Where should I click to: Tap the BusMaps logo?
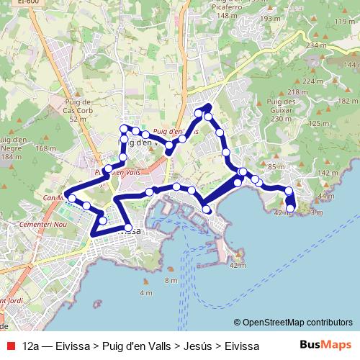point(326,346)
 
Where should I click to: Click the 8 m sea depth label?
point(171,280)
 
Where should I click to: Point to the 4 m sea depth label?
point(146,293)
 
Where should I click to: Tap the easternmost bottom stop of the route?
point(291,209)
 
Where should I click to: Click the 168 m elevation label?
point(45,148)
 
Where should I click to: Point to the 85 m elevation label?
point(276,167)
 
